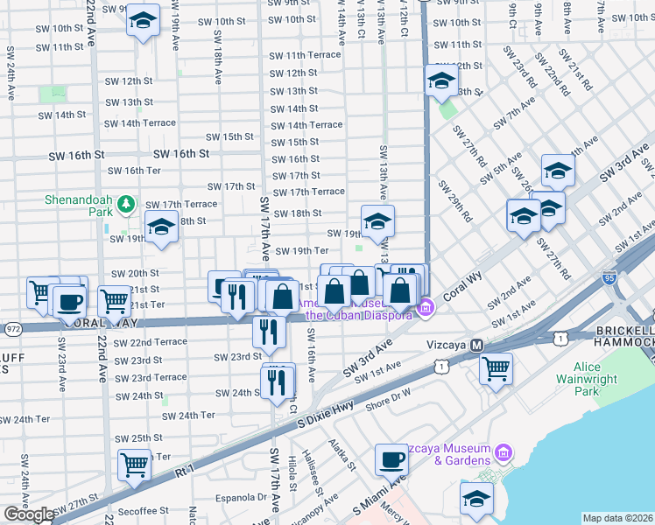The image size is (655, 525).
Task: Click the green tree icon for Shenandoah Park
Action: (x=127, y=204)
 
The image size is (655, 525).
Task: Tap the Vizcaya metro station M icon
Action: (x=477, y=345)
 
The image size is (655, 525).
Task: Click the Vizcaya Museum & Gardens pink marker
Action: (x=503, y=452)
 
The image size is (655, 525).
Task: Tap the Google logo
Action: (x=28, y=514)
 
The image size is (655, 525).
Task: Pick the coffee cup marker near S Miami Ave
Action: (x=391, y=458)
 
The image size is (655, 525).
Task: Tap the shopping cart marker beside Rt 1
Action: (x=134, y=464)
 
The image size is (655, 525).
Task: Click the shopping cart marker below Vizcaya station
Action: (x=496, y=367)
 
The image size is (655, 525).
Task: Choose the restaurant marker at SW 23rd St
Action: (x=269, y=331)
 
